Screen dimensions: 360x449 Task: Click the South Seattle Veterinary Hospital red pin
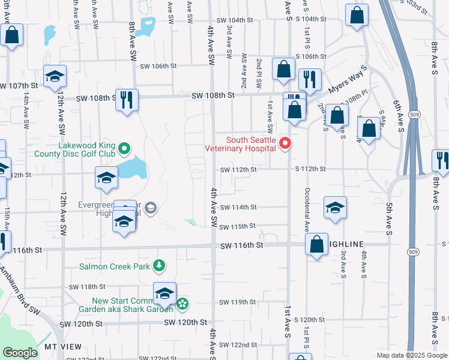pyautogui.click(x=285, y=143)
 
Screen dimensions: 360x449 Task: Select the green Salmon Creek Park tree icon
pyautogui.click(x=159, y=265)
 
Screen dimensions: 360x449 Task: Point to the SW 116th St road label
pyautogui.click(x=241, y=246)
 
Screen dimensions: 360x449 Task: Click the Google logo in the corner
pyautogui.click(x=20, y=353)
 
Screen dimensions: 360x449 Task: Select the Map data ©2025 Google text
pyautogui.click(x=412, y=355)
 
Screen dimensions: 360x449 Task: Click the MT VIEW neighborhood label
pyautogui.click(x=63, y=347)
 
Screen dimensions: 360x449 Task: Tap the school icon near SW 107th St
pyautogui.click(x=55, y=76)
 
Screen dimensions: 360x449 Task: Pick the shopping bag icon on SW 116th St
pyautogui.click(x=316, y=244)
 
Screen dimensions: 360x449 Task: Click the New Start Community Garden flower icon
pyautogui.click(x=183, y=305)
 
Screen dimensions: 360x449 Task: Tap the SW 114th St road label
pyautogui.click(x=238, y=208)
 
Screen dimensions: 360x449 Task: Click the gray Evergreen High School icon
pyautogui.click(x=150, y=208)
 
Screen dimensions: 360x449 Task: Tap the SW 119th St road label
pyautogui.click(x=238, y=302)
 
